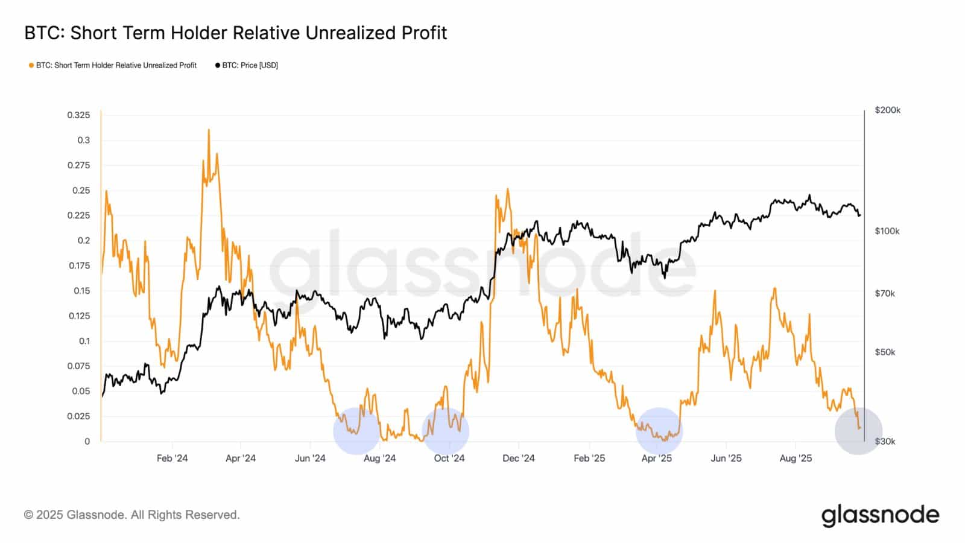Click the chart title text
click(x=236, y=33)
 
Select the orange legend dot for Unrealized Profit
click(x=31, y=66)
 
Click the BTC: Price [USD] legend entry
click(x=247, y=66)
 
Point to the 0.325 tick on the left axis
click(x=78, y=115)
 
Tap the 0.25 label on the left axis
click(x=81, y=191)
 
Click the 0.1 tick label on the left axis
click(x=84, y=341)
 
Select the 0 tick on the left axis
click(x=87, y=442)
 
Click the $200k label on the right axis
click(x=887, y=110)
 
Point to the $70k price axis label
click(x=885, y=294)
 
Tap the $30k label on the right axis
click(x=885, y=442)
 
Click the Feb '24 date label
click(x=172, y=459)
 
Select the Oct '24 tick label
click(x=449, y=459)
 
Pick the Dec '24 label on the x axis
click(x=519, y=459)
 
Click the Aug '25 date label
click(x=796, y=459)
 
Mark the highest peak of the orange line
click(x=209, y=129)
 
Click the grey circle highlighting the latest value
click(x=858, y=431)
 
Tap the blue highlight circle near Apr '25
click(x=659, y=431)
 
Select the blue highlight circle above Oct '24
click(x=446, y=431)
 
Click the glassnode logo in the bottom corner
click(x=880, y=515)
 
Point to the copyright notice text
click(x=132, y=515)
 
